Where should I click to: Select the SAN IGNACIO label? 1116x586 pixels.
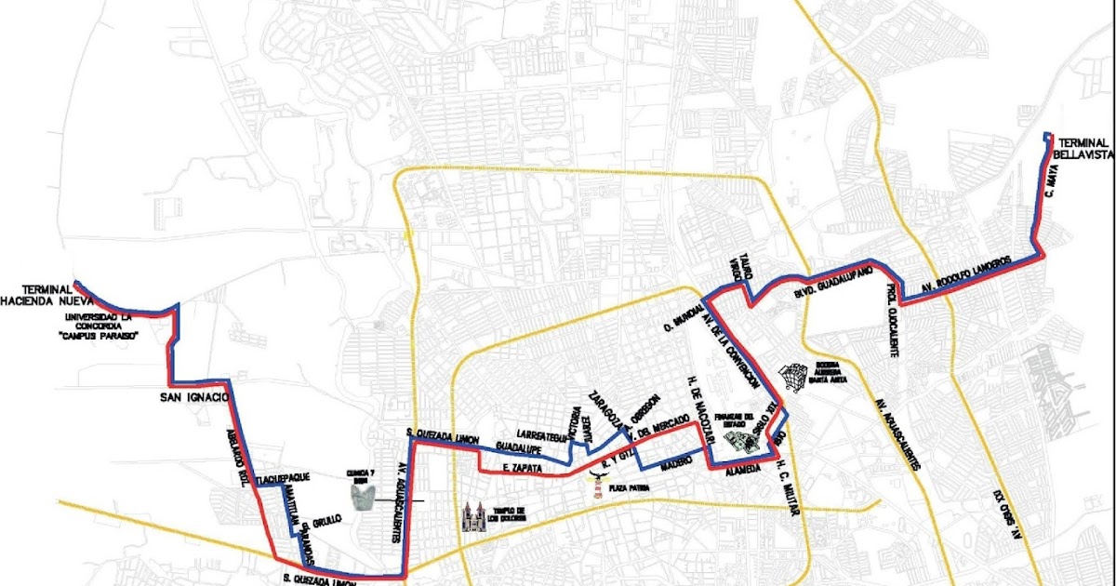193,397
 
